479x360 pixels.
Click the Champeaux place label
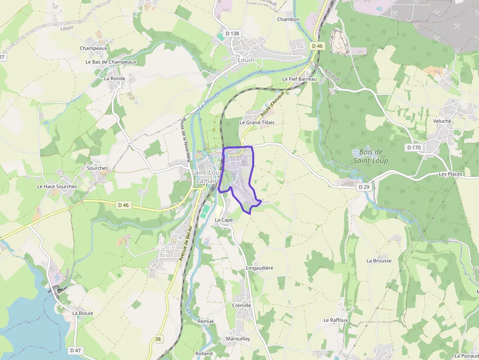[93, 48]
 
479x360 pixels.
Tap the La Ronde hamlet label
[114, 78]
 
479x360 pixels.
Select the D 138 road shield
[233, 33]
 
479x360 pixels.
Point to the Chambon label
[288, 20]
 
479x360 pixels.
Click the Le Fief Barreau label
[300, 79]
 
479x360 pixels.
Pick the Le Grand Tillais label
[257, 122]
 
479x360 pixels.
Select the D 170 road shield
[414, 147]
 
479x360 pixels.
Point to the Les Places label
[450, 174]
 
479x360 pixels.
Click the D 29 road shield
[363, 187]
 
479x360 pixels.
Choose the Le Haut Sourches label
[57, 187]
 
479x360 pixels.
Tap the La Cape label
[224, 220]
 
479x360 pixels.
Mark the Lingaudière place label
[260, 268]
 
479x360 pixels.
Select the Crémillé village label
[241, 305]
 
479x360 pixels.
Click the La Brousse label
[379, 260]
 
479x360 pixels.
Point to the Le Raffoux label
[335, 320]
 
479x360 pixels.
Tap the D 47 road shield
[75, 350]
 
